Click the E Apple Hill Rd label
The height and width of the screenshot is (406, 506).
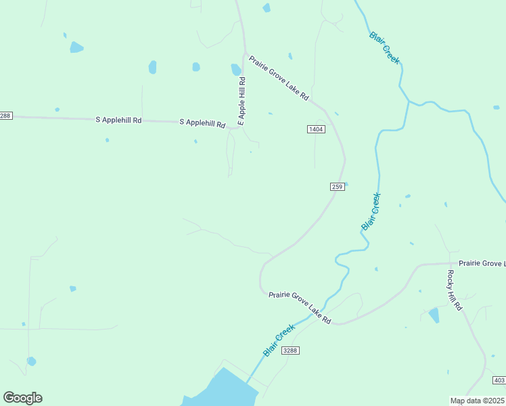point(241,100)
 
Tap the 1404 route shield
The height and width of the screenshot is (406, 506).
point(316,129)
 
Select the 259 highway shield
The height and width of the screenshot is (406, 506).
point(338,187)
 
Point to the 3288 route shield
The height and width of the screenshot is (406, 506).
point(290,350)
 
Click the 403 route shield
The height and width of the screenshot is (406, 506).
point(499,380)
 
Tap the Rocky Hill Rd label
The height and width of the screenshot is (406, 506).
point(454,290)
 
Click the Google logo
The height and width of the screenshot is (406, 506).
point(22,398)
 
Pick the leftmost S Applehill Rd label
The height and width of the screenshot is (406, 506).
point(118,120)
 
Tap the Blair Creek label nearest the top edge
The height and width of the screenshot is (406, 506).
point(384,47)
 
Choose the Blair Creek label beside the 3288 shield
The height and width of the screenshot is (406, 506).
point(279,340)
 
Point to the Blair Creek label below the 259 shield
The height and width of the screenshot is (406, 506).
point(371,212)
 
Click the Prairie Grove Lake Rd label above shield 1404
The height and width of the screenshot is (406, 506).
point(279,78)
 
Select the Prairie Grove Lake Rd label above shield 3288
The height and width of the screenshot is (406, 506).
point(299,307)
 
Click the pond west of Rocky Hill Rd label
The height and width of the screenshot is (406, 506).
point(434,315)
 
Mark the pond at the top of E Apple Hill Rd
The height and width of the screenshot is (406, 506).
point(236,70)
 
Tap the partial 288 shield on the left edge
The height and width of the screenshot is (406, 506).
point(5,116)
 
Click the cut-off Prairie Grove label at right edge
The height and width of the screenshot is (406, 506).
point(482,263)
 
